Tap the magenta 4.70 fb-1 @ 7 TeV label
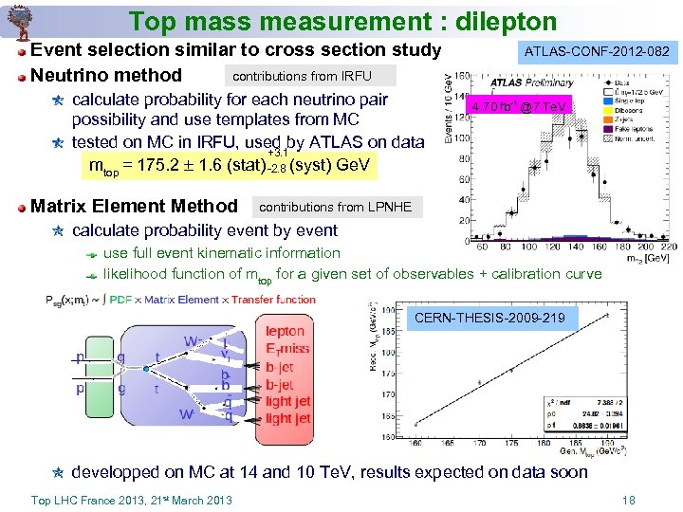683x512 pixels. pyautogui.click(x=519, y=107)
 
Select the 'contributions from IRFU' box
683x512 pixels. pyautogui.click(x=302, y=76)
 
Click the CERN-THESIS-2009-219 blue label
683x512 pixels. pyautogui.click(x=489, y=319)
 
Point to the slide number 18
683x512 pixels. pyautogui.click(x=627, y=500)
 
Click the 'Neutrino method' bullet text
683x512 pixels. pyautogui.click(x=106, y=75)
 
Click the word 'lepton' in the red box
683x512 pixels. pyautogui.click(x=286, y=331)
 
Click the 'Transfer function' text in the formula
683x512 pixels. pyautogui.click(x=275, y=300)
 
